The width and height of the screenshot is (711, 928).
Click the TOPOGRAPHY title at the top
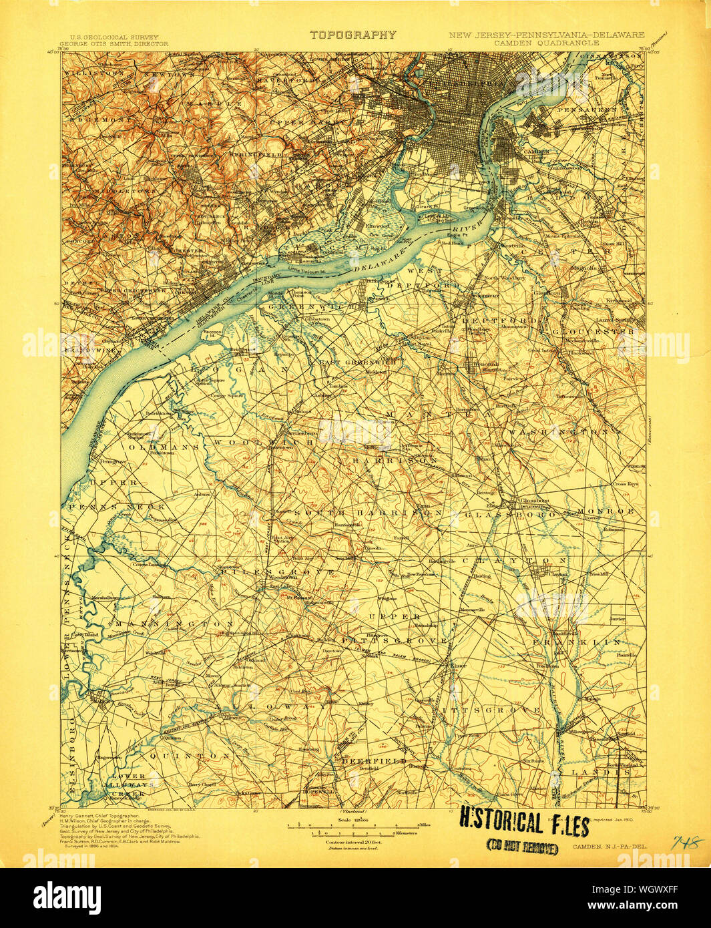[x=352, y=35]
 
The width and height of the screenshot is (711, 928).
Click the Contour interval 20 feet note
[x=352, y=843]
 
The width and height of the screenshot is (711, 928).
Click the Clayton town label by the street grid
[x=557, y=573]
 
